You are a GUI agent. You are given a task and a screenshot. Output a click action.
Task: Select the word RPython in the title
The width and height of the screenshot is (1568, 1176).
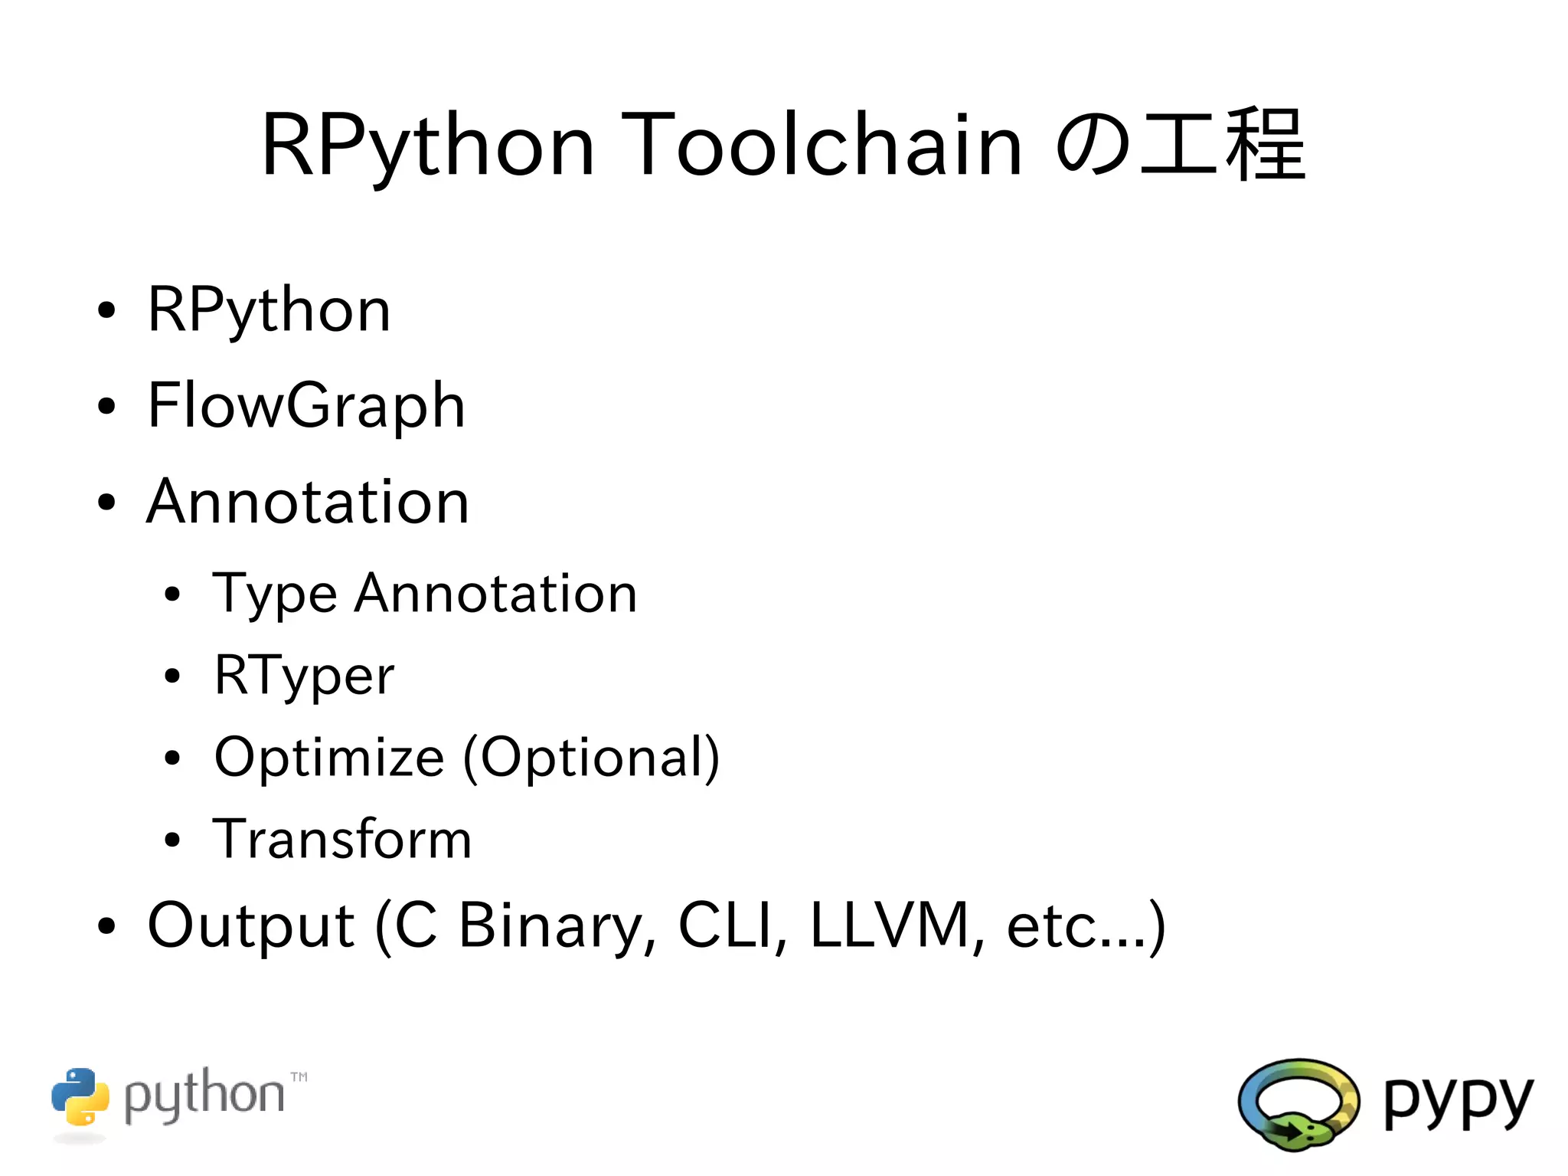427,146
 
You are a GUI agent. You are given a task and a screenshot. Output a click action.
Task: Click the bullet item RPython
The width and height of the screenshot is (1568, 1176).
269,310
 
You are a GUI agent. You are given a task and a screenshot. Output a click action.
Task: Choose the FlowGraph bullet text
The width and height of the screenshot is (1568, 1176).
306,406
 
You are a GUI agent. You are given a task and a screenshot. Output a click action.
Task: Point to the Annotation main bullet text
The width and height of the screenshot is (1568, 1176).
308,502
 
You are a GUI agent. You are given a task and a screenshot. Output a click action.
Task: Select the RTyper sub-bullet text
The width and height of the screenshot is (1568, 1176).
304,676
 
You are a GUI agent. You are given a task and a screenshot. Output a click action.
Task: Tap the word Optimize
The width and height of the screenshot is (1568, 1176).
329,758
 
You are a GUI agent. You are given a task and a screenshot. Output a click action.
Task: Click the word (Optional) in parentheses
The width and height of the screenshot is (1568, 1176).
591,758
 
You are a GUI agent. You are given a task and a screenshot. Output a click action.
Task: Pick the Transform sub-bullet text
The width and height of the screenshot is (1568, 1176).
341,839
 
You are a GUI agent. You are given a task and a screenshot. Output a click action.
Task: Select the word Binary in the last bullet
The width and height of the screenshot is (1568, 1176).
550,927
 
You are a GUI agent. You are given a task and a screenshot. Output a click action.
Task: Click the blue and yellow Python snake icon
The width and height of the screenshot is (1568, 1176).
80,1096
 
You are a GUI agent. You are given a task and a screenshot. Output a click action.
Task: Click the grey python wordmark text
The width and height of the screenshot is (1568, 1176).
204,1096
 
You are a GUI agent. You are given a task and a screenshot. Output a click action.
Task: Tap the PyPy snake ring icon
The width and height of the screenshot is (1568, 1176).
1298,1104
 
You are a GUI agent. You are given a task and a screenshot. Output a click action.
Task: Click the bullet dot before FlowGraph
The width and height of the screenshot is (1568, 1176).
106,407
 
